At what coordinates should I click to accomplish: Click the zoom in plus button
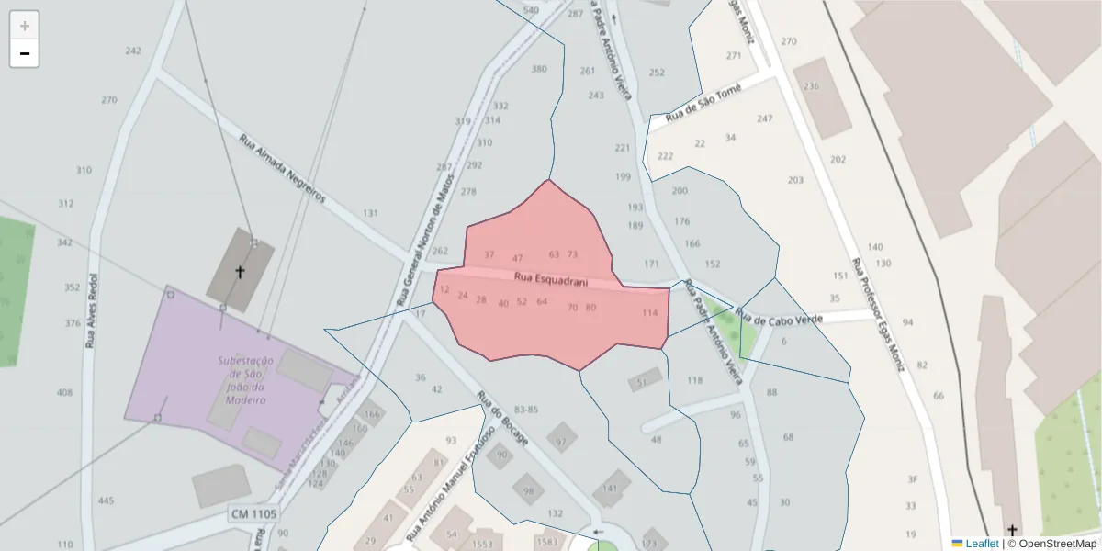click(25, 26)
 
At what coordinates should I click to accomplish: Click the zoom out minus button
click(25, 53)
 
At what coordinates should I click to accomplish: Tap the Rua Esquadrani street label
click(537, 277)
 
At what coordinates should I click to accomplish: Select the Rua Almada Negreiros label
click(282, 170)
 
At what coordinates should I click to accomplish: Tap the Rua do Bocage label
click(502, 419)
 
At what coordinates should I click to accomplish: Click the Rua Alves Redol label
click(91, 311)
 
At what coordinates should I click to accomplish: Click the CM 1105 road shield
click(253, 514)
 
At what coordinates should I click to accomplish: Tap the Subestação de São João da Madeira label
click(242, 380)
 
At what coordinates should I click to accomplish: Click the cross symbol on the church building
click(241, 272)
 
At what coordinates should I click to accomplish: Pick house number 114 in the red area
click(650, 313)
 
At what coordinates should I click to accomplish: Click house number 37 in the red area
click(489, 254)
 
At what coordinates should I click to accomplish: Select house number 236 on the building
click(811, 86)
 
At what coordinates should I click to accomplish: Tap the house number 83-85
click(526, 409)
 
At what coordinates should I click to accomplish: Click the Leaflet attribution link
click(981, 544)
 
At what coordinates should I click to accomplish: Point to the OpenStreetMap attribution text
click(1051, 544)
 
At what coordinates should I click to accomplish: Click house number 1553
click(482, 545)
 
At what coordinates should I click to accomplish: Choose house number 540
click(531, 10)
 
